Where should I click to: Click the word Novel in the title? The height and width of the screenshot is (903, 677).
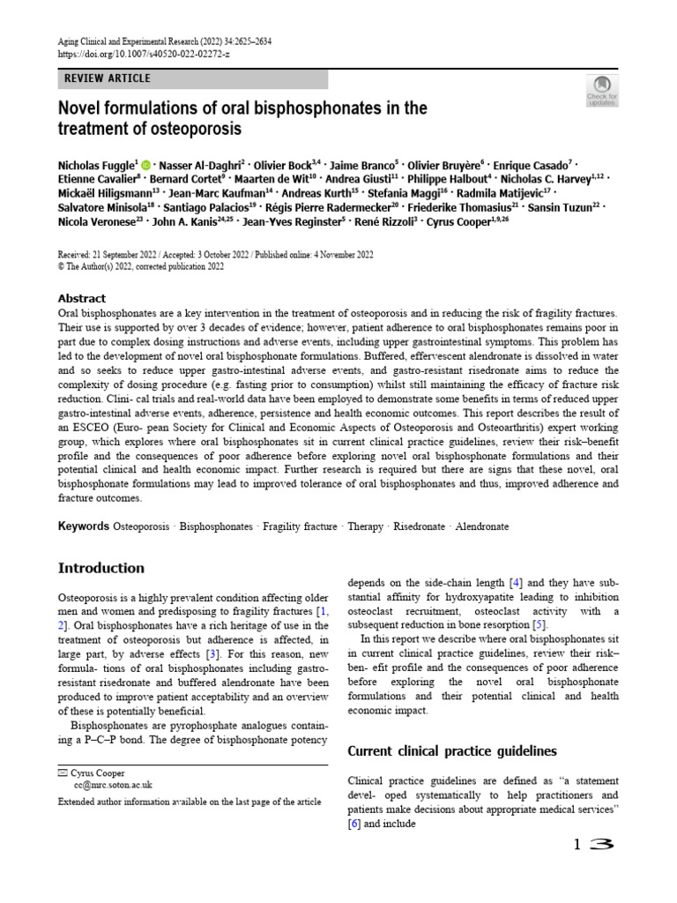81,108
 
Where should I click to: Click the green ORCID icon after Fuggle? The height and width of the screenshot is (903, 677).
145,164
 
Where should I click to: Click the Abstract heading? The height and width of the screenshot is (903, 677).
81,298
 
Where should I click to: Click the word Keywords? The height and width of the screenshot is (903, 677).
84,526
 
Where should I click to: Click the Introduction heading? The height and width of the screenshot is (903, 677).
100,568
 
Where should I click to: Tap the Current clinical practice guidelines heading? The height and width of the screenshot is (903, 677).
452,751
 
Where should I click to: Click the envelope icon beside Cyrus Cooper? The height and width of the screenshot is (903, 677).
62,772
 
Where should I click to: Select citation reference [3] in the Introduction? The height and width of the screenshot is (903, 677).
212,655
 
